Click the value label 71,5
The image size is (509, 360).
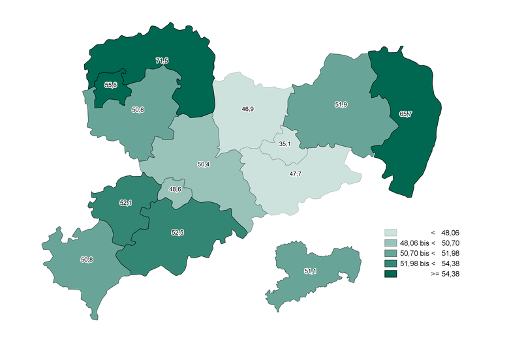(x=162, y=61)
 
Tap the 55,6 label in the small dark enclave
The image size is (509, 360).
(x=110, y=85)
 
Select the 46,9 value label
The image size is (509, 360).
(x=247, y=109)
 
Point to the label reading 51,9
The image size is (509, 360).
(x=341, y=104)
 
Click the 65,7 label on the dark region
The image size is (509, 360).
(x=405, y=113)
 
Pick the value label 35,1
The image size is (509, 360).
(x=284, y=143)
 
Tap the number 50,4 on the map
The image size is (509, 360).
(x=203, y=164)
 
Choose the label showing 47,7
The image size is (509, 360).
(x=295, y=174)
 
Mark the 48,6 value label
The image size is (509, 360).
(x=175, y=189)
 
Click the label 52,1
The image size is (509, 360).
(x=125, y=203)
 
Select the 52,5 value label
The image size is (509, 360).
(x=177, y=232)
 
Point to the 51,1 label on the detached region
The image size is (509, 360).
(x=310, y=271)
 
